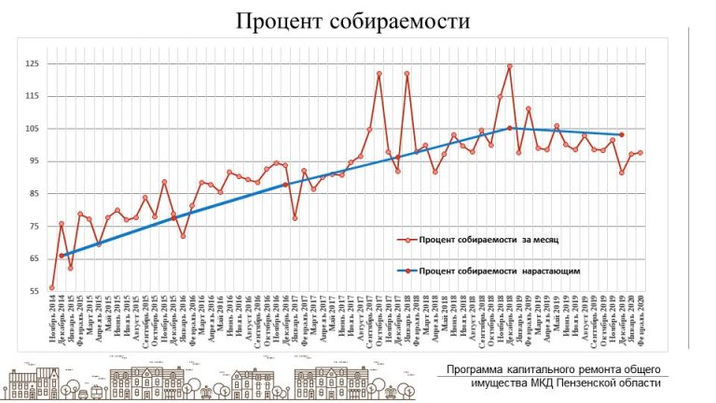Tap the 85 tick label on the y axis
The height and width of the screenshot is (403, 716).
[33, 193]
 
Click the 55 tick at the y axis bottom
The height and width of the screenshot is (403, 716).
[33, 290]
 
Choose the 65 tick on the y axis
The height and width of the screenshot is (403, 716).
[33, 257]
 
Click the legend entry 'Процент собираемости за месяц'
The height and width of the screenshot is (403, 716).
[489, 240]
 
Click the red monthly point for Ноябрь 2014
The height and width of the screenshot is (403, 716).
[52, 288]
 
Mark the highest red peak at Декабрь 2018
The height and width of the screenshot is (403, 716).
[509, 66]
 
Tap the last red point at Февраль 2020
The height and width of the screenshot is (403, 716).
[640, 153]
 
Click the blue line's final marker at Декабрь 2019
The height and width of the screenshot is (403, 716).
[622, 134]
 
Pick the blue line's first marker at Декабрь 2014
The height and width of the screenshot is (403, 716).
[62, 256]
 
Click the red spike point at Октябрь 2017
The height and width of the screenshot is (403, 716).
[379, 74]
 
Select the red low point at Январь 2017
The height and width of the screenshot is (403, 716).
[295, 218]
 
